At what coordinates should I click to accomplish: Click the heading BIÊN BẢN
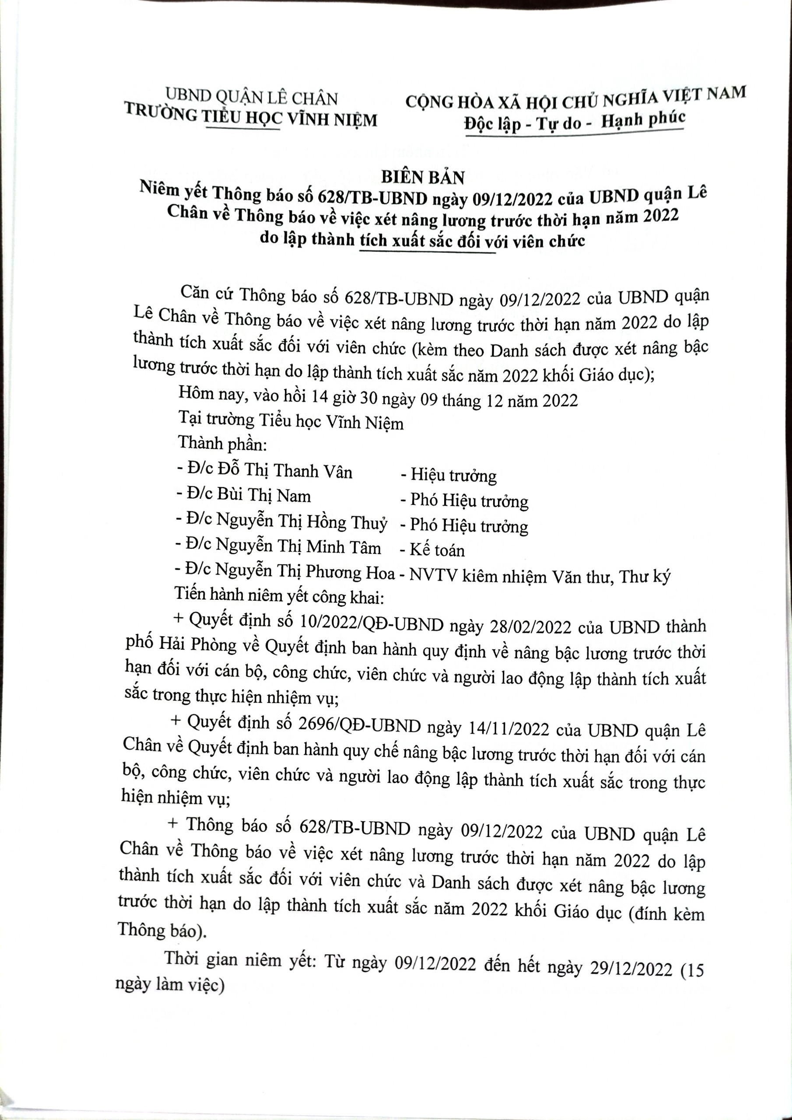point(423,178)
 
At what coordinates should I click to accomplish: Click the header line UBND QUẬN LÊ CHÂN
point(251,98)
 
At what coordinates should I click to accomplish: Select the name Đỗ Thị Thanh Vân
point(285,471)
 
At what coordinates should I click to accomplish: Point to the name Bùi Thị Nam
point(264,496)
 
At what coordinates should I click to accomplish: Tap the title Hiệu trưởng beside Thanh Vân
point(453,475)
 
